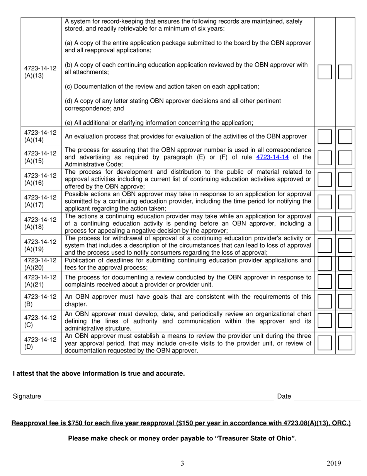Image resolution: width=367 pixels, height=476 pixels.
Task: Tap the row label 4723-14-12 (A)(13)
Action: pos(40,72)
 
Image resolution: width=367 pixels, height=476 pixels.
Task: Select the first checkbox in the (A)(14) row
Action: pos(325,137)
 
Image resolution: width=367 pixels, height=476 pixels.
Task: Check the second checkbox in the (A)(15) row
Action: pos(345,158)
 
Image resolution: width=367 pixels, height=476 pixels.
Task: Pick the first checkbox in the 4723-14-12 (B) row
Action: pos(325,301)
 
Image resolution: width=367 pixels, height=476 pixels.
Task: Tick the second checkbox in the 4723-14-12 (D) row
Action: pos(345,343)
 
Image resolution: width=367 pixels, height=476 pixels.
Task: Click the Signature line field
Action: pos(158,396)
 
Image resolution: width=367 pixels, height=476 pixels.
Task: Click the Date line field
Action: pos(327,396)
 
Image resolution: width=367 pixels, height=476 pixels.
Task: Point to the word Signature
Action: pos(27,396)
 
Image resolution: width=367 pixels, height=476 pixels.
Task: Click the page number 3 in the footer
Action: pos(182,464)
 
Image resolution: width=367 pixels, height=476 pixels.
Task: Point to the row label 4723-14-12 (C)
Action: pos(40,321)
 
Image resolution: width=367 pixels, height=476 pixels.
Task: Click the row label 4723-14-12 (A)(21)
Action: pos(40,281)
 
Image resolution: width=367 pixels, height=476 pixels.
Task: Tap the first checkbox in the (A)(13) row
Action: pos(325,72)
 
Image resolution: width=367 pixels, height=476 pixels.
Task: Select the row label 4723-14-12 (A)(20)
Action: pos(40,263)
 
